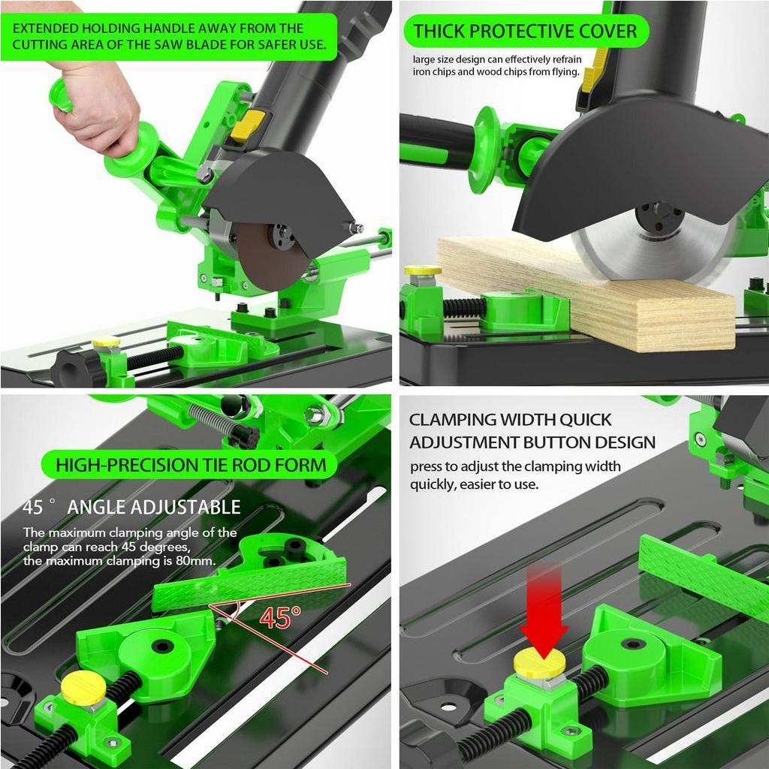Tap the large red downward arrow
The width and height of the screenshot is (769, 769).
(x=544, y=610)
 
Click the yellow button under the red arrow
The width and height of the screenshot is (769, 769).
(x=539, y=662)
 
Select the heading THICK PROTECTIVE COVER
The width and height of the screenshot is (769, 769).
(x=525, y=31)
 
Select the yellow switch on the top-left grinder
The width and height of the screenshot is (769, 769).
(x=248, y=125)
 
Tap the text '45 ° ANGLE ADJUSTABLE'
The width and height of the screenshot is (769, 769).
(x=131, y=507)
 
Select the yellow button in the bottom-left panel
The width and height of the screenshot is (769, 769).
(x=83, y=688)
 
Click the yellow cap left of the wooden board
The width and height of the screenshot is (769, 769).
(x=423, y=270)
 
